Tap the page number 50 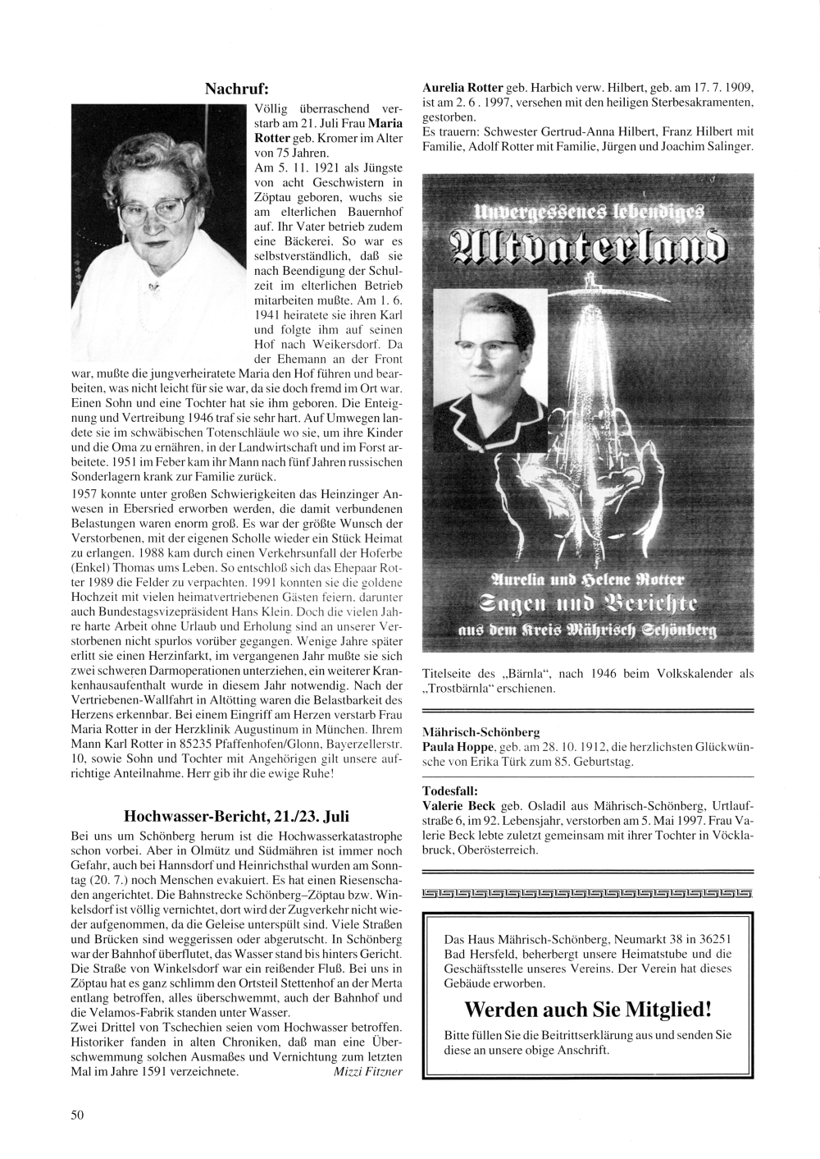pyautogui.click(x=78, y=1113)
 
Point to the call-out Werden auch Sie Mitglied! pyautogui.click(x=587, y=1008)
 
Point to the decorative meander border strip pyautogui.click(x=586, y=893)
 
